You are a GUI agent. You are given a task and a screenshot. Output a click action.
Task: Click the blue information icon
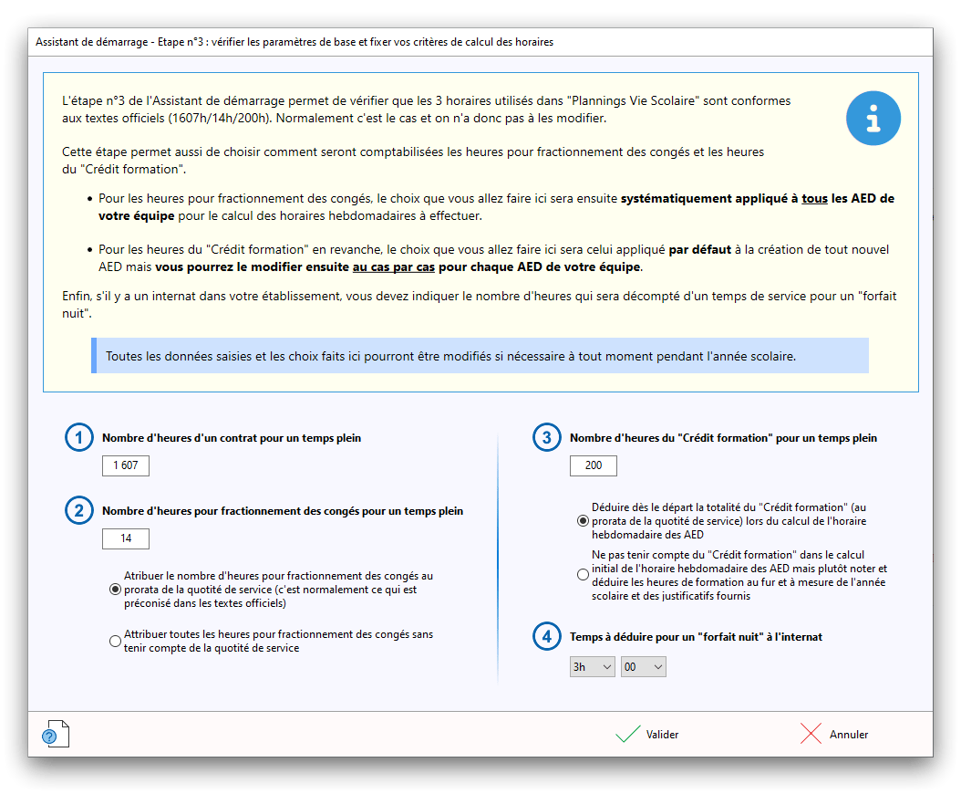coord(873,119)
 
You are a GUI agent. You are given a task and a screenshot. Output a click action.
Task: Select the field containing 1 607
coord(126,466)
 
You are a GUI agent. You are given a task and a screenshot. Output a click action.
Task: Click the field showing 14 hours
coord(126,538)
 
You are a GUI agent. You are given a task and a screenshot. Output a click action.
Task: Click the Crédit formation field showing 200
coord(594,466)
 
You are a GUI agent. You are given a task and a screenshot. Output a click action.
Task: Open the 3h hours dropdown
coord(593,667)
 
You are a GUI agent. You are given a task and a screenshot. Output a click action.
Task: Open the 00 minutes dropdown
coord(644,667)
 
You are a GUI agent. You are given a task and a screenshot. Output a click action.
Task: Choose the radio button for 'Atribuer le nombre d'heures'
coord(115,590)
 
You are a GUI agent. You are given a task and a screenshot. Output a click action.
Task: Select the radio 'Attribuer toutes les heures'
coord(115,642)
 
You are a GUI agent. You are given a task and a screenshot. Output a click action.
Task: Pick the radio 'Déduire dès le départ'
coord(583,521)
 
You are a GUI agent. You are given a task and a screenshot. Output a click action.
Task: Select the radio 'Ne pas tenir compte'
coord(583,575)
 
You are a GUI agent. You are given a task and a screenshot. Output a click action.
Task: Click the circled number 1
coord(79,439)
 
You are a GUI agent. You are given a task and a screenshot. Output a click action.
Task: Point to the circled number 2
coord(79,511)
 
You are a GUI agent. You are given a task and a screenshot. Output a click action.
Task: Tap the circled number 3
coord(546,439)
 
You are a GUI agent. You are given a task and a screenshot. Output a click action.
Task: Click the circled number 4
coord(546,637)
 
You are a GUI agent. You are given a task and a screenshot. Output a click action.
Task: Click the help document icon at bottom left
coord(55,734)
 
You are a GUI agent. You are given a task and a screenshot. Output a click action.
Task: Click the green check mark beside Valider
coord(627,734)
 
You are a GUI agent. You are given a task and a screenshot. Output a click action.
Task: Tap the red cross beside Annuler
coord(811,734)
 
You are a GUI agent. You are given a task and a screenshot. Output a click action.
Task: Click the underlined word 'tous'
coord(813,198)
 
